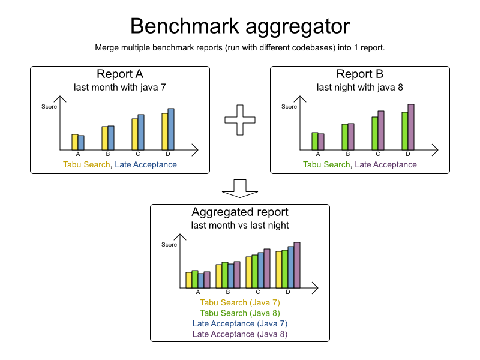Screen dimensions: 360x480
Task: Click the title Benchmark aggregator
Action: tap(240, 26)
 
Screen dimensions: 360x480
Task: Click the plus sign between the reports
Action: tap(239, 120)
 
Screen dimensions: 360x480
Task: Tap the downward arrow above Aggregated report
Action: tap(239, 188)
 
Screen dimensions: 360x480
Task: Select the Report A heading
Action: tap(119, 74)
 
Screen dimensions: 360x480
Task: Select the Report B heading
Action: tap(359, 74)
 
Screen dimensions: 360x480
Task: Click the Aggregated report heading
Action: tap(239, 212)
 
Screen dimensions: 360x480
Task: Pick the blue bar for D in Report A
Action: tap(171, 129)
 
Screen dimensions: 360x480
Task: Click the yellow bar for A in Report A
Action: tap(75, 142)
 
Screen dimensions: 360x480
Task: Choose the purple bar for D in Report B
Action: tap(411, 127)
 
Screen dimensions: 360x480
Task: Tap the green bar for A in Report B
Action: tap(315, 141)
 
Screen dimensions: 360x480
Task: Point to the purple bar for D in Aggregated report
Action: tap(297, 265)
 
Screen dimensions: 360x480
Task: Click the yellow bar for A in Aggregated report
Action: tap(189, 280)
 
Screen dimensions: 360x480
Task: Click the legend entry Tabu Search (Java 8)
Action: tap(240, 313)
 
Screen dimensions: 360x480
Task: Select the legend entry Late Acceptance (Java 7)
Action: tap(240, 323)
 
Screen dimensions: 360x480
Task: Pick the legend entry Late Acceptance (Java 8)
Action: tap(240, 334)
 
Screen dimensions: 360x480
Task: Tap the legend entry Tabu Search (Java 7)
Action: tap(240, 303)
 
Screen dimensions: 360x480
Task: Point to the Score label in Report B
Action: tap(289, 107)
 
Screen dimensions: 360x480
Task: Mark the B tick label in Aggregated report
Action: tap(228, 292)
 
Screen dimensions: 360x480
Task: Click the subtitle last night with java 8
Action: tap(359, 88)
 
